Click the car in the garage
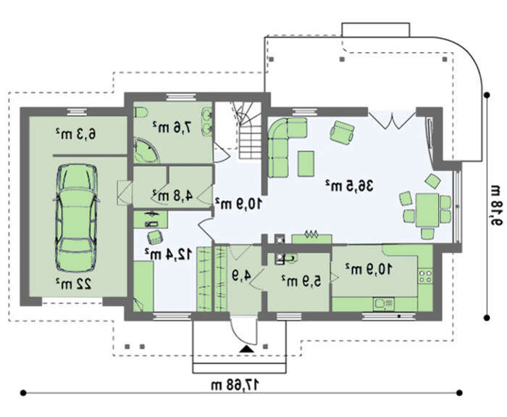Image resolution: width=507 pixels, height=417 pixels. click(x=76, y=218)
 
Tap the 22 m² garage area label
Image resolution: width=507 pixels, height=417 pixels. click(x=74, y=284)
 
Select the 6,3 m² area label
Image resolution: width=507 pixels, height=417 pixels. click(x=75, y=133)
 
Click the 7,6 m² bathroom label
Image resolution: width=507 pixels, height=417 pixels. click(x=172, y=127)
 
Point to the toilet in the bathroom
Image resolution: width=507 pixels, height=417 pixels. click(x=141, y=112)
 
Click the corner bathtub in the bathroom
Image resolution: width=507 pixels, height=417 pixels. click(x=146, y=150)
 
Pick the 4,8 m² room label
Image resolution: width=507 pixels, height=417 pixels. click(x=172, y=196)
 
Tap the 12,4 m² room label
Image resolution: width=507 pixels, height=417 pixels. click(x=168, y=255)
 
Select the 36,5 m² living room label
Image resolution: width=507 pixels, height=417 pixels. click(x=349, y=186)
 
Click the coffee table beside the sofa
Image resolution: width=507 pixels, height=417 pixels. click(x=306, y=163)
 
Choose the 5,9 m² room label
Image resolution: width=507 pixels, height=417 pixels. click(x=301, y=281)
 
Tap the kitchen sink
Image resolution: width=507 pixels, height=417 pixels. click(x=384, y=304)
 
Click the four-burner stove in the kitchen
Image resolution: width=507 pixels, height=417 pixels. click(x=425, y=276)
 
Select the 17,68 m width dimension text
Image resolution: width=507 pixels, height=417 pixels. click(x=235, y=385)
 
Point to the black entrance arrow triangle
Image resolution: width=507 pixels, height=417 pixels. click(x=247, y=349)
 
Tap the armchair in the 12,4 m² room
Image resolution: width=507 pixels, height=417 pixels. click(x=155, y=238)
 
